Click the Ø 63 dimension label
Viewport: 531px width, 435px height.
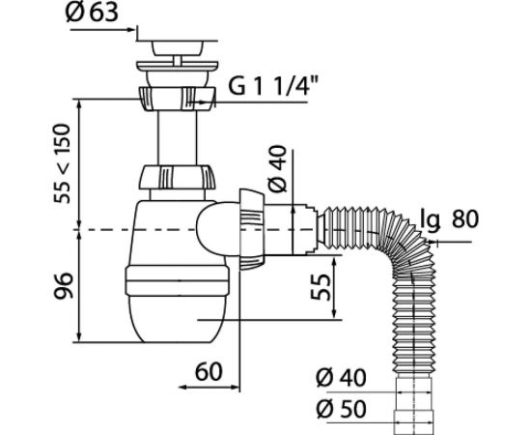[x=92, y=13]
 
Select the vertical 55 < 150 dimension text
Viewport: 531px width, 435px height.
[x=63, y=163]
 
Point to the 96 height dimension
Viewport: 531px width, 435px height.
[x=64, y=285]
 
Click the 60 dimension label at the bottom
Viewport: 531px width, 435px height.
[x=209, y=371]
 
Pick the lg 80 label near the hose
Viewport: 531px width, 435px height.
[x=449, y=218]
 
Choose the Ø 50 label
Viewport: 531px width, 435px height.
[x=341, y=409]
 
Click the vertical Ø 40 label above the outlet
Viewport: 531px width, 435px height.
[x=277, y=168]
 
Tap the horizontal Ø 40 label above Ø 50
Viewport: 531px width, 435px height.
[x=341, y=378]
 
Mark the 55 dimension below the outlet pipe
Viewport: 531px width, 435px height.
[x=321, y=287]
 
